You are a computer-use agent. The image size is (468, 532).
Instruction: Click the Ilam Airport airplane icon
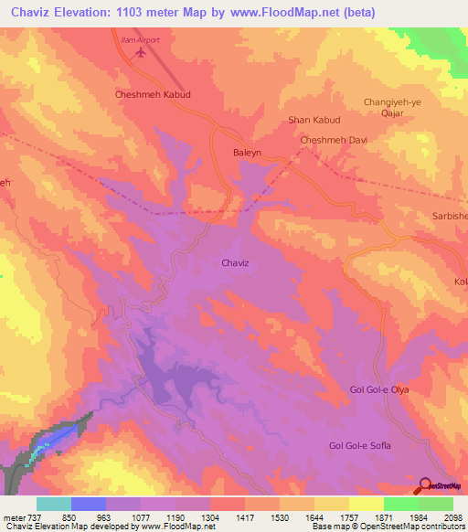(x=140, y=53)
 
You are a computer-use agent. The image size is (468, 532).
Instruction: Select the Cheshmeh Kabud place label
(x=152, y=94)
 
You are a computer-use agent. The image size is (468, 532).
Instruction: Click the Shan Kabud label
(x=314, y=120)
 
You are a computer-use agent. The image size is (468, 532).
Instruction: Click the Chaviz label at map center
(x=235, y=263)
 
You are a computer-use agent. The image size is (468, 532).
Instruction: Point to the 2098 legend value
(x=453, y=516)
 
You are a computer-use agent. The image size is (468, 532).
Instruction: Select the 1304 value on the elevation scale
(x=211, y=516)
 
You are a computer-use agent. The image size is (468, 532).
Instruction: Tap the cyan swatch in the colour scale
(x=54, y=504)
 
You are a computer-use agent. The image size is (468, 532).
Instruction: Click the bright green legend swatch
(x=401, y=504)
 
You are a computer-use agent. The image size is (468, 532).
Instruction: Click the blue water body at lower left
(x=50, y=442)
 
